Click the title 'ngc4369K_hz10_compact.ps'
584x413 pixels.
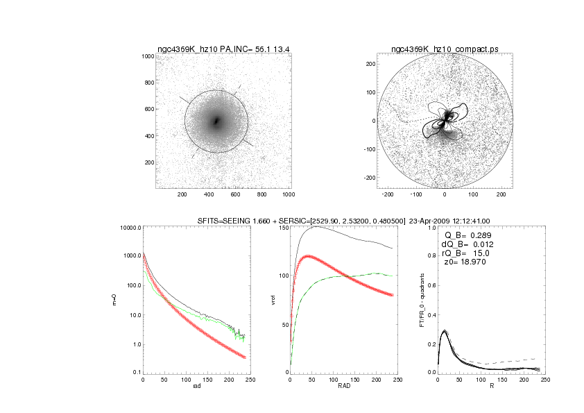pyautogui.click(x=445, y=49)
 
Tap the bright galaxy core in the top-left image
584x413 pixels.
pyautogui.click(x=216, y=121)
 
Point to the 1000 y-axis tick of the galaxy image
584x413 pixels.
pyautogui.click(x=147, y=56)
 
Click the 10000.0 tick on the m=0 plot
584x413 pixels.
pyautogui.click(x=130, y=228)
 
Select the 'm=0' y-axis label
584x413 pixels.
pyautogui.click(x=114, y=300)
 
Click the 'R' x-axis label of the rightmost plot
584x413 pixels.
pyautogui.click(x=491, y=387)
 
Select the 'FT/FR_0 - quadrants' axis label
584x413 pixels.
pyautogui.click(x=423, y=300)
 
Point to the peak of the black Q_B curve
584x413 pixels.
pyautogui.click(x=445, y=331)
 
